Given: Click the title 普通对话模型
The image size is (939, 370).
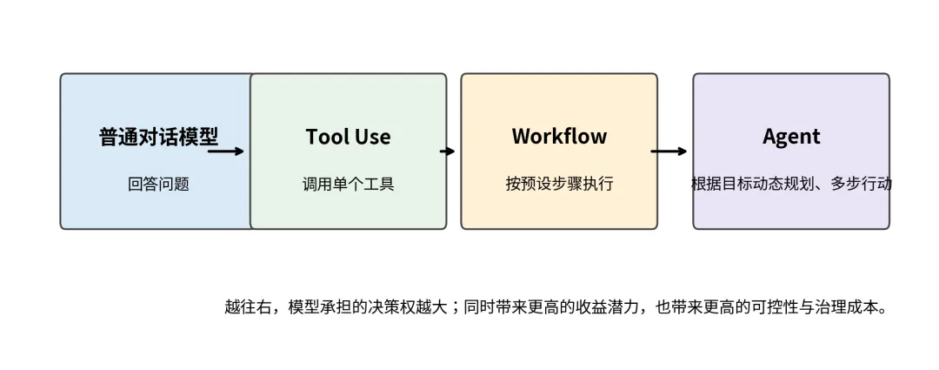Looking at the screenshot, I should point(158,137).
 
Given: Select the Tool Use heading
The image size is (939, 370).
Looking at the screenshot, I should point(348,137).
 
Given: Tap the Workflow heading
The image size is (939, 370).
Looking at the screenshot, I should point(559,137).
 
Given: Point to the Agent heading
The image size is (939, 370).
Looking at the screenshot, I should point(791,137).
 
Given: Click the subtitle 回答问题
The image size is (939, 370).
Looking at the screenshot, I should point(158,184).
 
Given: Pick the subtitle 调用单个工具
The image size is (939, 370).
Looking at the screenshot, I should point(348,184).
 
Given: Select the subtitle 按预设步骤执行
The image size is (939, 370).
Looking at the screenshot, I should point(559,184).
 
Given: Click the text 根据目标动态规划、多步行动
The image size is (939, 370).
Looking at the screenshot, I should point(791,184).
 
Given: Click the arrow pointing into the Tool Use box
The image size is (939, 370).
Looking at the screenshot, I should point(227,151).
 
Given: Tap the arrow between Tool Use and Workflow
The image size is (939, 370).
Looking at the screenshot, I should point(448,151).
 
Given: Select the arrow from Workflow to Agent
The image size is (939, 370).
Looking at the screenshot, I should point(669,151).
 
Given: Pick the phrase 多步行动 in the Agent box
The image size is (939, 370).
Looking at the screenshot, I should point(861,184).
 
